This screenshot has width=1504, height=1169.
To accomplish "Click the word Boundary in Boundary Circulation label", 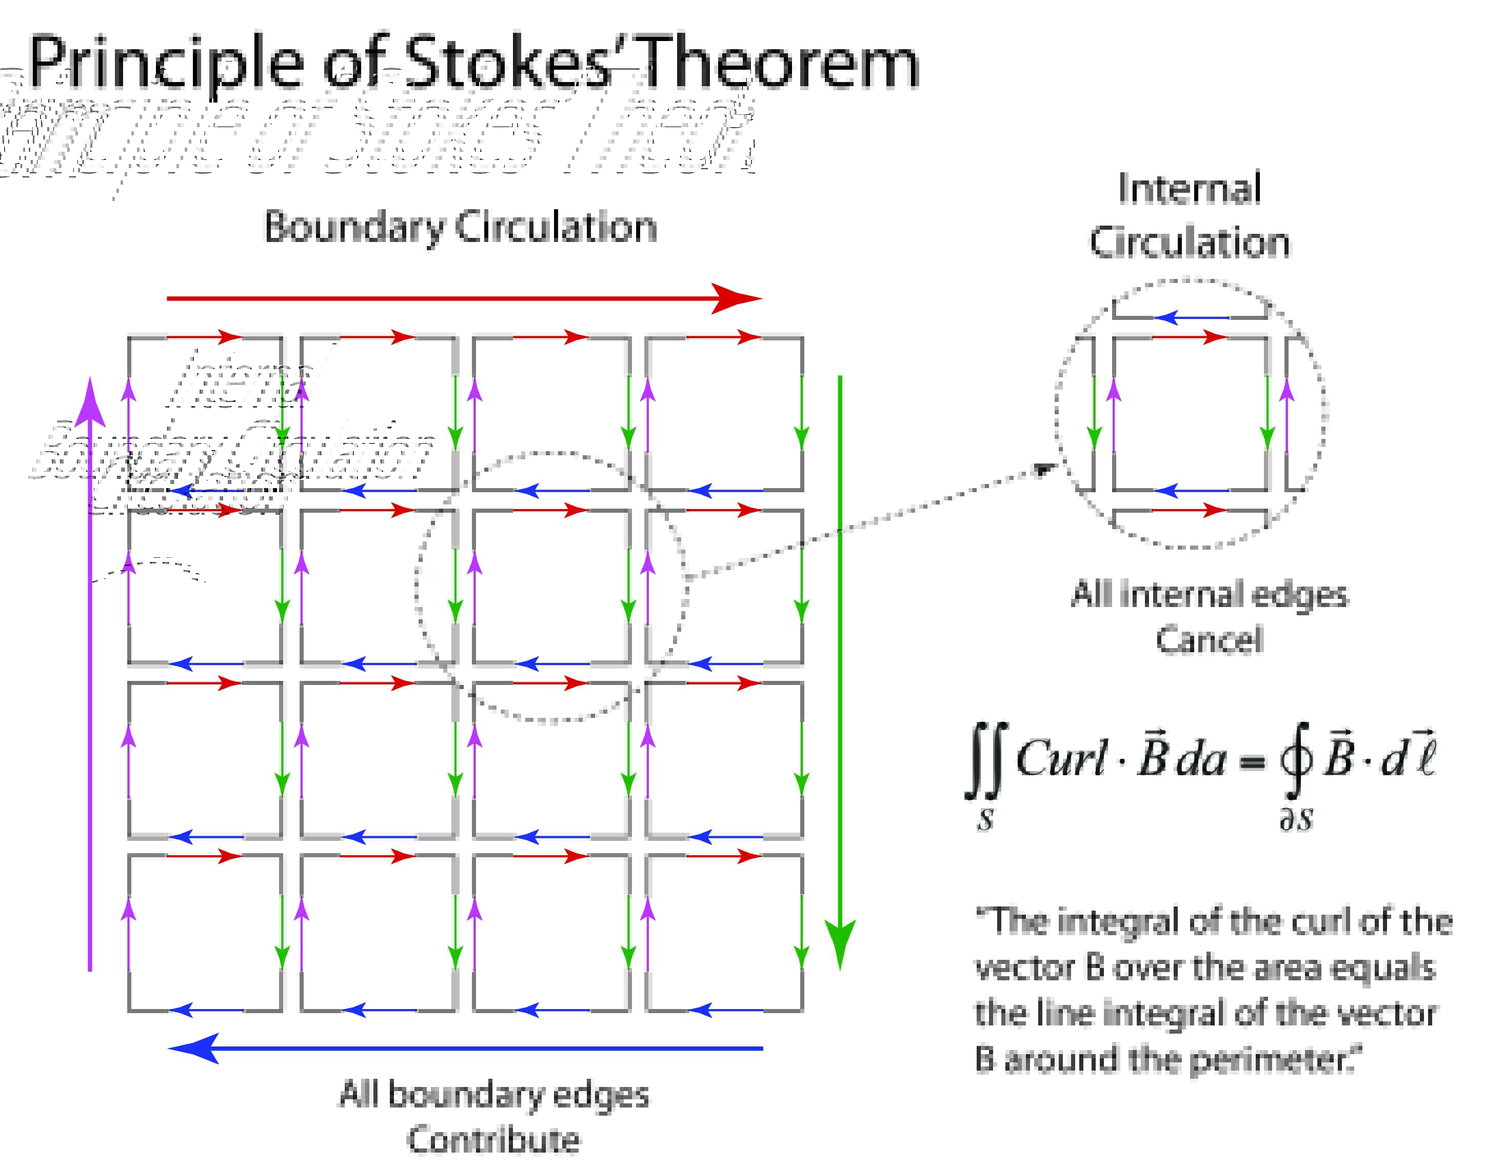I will [x=354, y=227].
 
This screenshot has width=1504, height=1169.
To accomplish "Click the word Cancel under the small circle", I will [x=1209, y=639].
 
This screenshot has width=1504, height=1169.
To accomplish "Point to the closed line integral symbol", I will [x=1295, y=761].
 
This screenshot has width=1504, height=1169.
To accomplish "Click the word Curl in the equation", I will [x=1060, y=759].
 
